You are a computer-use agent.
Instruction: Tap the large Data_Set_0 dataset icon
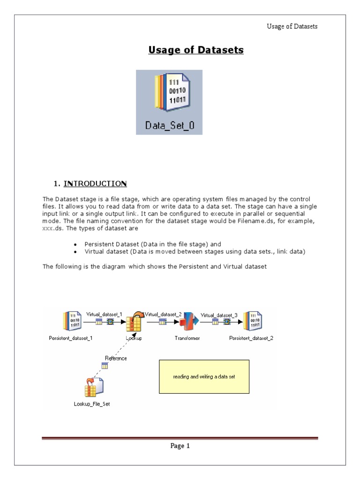pos(169,94)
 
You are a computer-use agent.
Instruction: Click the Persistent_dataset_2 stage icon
pos(251,322)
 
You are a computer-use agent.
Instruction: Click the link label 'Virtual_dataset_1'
pos(104,314)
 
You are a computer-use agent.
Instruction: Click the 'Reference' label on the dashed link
pos(116,358)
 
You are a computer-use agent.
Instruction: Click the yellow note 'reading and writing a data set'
pos(204,377)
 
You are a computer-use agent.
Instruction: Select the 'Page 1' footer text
pos(180,446)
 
